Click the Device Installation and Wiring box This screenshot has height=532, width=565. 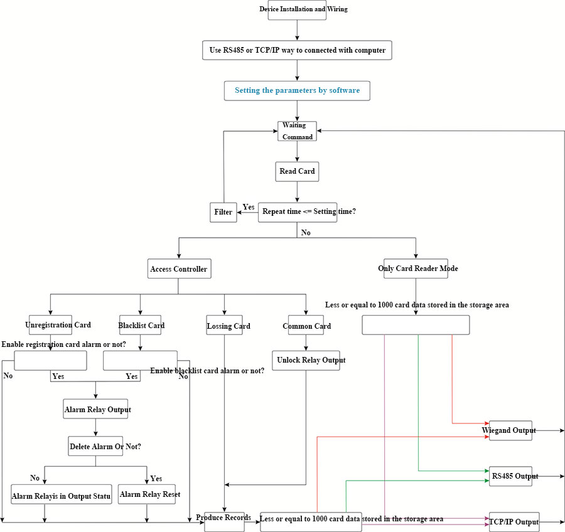click(x=298, y=9)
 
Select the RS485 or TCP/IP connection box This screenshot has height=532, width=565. click(x=297, y=50)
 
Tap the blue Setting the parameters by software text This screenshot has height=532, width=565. click(x=297, y=90)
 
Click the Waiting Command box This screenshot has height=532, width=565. click(x=297, y=131)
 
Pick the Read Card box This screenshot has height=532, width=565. click(x=297, y=171)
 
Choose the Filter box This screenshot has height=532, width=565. click(x=223, y=212)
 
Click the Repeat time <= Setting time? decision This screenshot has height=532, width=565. click(x=309, y=212)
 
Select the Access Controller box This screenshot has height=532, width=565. click(x=178, y=269)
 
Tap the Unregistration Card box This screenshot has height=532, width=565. click(x=51, y=325)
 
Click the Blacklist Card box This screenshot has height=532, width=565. click(x=141, y=326)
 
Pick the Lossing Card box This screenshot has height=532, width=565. click(x=225, y=326)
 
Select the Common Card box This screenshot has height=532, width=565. click(x=306, y=326)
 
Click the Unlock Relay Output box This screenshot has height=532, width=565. click(x=306, y=360)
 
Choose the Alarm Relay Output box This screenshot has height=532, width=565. click(x=97, y=410)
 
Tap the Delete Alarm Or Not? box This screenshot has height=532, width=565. click(x=96, y=446)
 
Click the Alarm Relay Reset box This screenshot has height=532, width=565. click(x=149, y=494)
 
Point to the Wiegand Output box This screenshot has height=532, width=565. click(x=510, y=430)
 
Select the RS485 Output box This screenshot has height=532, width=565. click(x=510, y=476)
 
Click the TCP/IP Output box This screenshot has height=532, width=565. click(x=514, y=521)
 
